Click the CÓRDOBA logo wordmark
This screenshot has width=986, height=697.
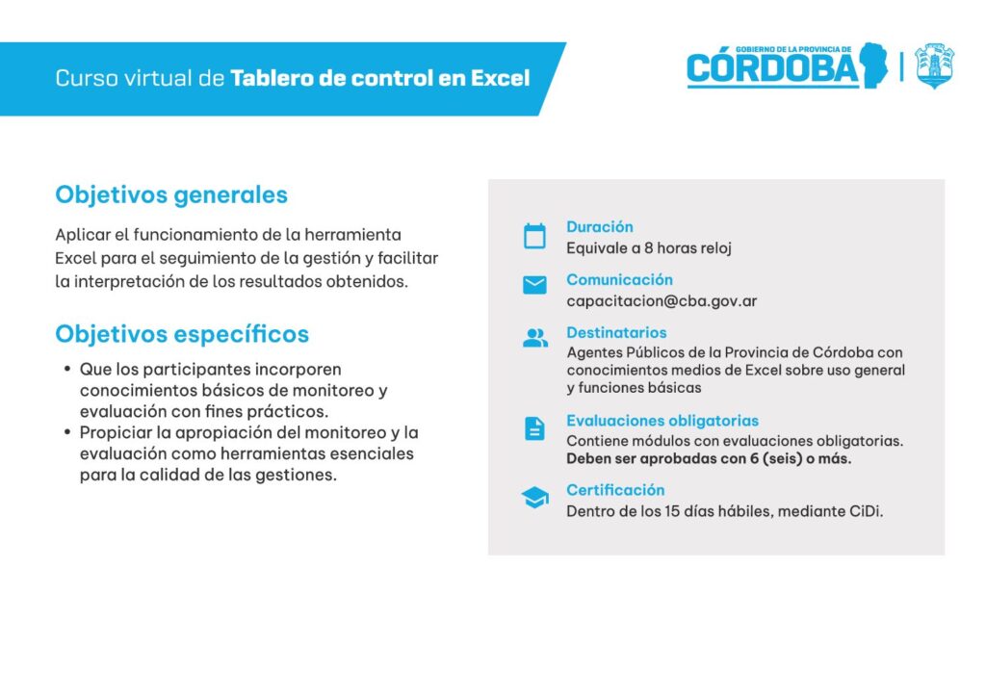click(x=773, y=66)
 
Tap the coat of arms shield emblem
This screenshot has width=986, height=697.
click(x=934, y=65)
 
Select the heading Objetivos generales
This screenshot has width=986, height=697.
click(x=171, y=194)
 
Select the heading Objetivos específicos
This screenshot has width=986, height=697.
click(x=182, y=334)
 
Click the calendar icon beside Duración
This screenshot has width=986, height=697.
click(x=534, y=236)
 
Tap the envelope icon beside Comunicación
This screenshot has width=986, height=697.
click(x=534, y=285)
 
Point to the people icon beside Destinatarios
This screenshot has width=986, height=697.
click(x=535, y=338)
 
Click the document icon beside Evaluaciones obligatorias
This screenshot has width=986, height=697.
click(x=534, y=428)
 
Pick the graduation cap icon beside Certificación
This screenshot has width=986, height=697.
click(x=535, y=497)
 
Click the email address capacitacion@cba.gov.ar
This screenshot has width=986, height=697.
click(x=662, y=301)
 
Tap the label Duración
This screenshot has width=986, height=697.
click(x=600, y=227)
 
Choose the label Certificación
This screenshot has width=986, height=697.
click(x=615, y=490)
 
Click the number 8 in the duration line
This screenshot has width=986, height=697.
click(x=648, y=248)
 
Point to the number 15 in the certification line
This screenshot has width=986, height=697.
click(x=672, y=511)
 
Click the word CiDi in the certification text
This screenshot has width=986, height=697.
click(x=866, y=511)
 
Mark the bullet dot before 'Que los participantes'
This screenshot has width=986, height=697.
click(x=67, y=369)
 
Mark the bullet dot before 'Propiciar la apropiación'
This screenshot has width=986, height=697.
click(x=67, y=432)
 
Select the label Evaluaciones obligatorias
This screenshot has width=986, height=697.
click(x=662, y=421)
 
